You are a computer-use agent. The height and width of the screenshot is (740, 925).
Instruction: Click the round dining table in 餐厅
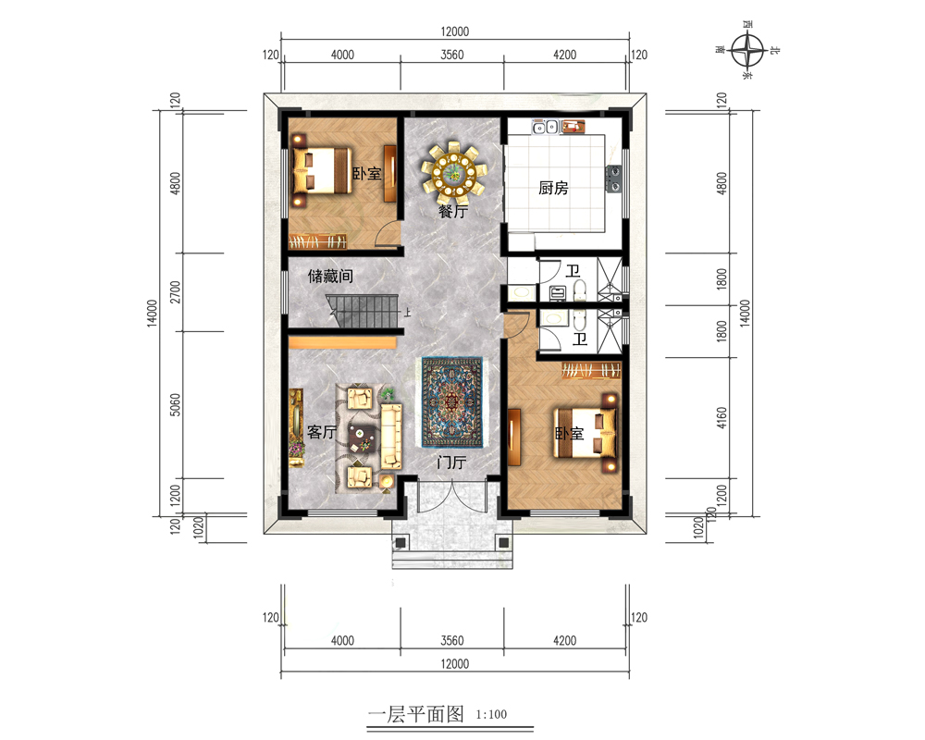click(453, 172)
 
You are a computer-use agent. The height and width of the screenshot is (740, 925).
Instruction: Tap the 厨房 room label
click(553, 189)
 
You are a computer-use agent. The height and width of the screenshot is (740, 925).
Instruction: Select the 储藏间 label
click(330, 276)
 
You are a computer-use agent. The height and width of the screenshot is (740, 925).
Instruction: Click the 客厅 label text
click(322, 432)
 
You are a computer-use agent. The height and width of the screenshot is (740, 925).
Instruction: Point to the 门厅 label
click(452, 462)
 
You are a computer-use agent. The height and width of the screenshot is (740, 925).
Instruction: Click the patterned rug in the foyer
click(452, 402)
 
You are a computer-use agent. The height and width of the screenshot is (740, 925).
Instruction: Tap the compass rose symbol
click(747, 51)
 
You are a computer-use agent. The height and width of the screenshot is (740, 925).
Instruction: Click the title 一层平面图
click(415, 714)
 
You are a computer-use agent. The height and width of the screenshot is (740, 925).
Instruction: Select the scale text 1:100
click(491, 715)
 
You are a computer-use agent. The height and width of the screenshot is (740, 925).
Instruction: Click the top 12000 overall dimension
click(454, 31)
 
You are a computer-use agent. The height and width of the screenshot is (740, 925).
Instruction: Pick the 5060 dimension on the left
click(175, 405)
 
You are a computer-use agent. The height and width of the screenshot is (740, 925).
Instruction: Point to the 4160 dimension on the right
click(721, 418)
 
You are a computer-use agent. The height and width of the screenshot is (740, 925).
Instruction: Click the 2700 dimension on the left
click(175, 292)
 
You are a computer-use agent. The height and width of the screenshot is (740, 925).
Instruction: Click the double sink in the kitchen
click(545, 127)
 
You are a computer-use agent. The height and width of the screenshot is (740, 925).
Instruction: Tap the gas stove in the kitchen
click(614, 179)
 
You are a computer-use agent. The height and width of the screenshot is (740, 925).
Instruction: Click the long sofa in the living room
click(391, 437)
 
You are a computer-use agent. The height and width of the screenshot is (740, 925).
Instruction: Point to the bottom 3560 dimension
click(452, 640)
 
